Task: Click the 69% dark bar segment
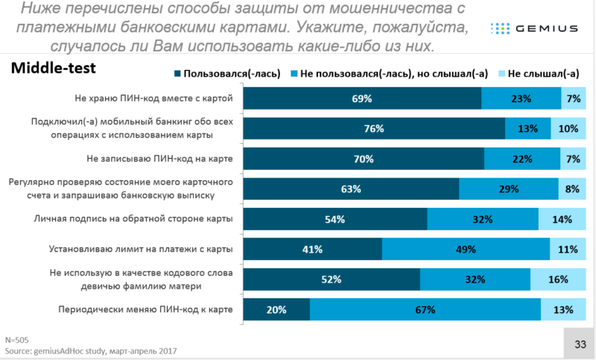pos(362,98)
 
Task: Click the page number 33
pos(579,343)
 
